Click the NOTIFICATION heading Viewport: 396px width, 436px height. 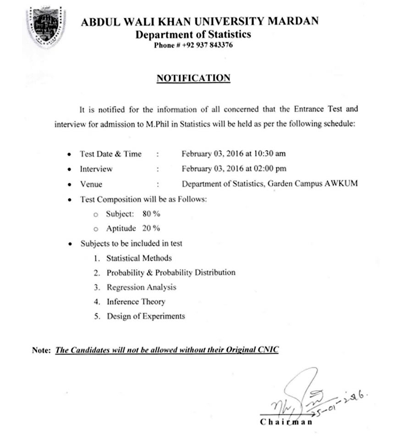tap(193, 78)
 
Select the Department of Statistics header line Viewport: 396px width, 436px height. tap(193, 34)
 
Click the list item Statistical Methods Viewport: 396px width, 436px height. tap(139, 258)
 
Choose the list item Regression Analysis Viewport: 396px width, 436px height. tap(141, 287)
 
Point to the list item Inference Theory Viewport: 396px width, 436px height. tap(136, 302)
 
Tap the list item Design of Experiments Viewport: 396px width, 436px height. tap(146, 316)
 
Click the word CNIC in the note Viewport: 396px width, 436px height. tap(268, 350)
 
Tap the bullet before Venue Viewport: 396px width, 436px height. tap(69, 184)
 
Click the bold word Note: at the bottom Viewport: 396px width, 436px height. tap(41, 350)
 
